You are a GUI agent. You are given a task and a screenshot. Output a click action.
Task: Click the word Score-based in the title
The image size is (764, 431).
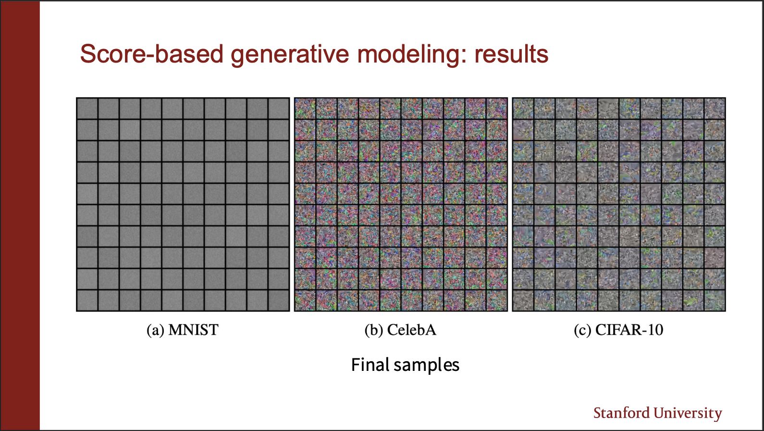click(152, 53)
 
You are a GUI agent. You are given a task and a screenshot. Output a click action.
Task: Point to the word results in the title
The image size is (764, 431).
click(511, 54)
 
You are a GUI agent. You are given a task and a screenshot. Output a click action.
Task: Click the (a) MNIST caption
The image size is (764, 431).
click(183, 330)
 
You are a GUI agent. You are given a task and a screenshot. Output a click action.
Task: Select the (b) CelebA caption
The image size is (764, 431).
click(400, 330)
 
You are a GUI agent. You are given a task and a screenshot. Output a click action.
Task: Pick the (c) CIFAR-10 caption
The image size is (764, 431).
click(618, 330)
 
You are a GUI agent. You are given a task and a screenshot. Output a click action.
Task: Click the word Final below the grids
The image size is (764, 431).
click(370, 365)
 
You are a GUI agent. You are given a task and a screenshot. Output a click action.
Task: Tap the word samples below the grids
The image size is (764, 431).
click(427, 366)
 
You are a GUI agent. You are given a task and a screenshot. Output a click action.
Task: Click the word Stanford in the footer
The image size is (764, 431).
click(621, 413)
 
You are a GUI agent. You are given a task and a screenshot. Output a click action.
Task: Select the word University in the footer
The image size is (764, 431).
click(688, 414)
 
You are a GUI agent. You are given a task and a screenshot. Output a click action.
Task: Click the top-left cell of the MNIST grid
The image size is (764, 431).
click(87, 109)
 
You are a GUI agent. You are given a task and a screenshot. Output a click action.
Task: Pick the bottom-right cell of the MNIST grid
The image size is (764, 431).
click(279, 300)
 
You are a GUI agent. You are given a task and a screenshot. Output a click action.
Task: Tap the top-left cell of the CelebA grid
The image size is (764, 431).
click(305, 109)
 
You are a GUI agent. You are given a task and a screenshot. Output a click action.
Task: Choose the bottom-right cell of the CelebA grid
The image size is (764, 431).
click(497, 300)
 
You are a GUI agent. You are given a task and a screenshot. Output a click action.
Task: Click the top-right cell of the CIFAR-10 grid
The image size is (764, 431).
click(715, 109)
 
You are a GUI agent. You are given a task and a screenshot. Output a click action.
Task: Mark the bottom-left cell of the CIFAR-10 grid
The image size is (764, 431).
click(523, 300)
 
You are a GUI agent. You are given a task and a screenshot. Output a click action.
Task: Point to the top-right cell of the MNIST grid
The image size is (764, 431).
click(279, 109)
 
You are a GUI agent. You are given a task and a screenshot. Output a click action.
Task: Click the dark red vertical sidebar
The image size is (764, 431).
click(20, 215)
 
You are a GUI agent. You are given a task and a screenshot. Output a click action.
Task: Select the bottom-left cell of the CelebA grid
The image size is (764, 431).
click(305, 300)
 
